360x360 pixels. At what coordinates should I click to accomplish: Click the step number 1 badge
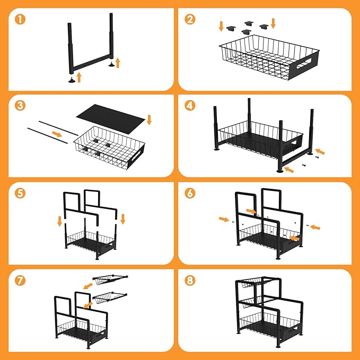20,19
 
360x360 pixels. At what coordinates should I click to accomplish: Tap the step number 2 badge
190,19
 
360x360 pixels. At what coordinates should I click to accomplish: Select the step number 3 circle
20,106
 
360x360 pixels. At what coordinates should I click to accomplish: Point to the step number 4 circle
190,106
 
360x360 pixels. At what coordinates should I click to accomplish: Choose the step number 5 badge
20,193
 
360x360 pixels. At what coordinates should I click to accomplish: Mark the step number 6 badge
190,193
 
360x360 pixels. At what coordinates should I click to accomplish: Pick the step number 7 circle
20,280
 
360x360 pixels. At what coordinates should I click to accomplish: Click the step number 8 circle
190,280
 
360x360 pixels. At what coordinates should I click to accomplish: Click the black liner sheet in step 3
111,118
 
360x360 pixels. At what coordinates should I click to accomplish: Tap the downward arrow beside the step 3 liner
149,120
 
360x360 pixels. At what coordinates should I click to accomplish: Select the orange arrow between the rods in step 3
57,134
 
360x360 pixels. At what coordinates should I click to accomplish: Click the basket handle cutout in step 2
304,64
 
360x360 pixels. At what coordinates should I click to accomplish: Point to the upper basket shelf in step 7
110,279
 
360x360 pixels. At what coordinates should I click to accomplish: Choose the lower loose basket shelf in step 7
110,297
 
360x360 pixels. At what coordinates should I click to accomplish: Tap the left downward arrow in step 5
60,221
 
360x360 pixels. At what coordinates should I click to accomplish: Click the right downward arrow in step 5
123,219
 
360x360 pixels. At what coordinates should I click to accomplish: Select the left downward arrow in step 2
221,26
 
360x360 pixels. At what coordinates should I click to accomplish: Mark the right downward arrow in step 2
273,23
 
